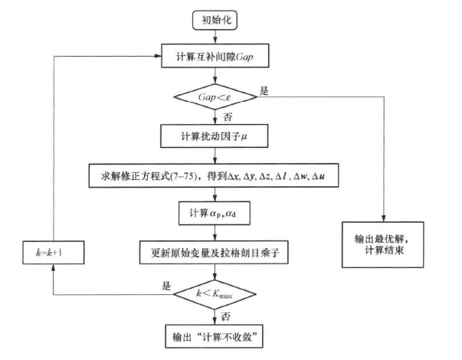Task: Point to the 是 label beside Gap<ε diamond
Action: tap(264, 91)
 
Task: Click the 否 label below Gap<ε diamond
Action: tap(225, 117)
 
